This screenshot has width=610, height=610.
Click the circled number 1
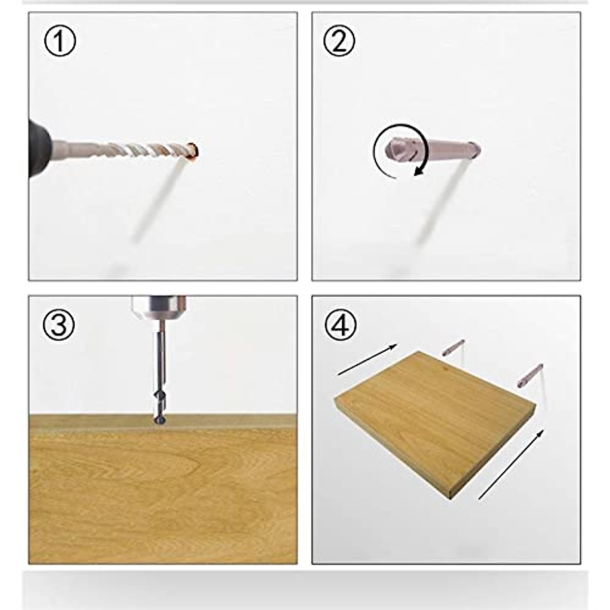tap(59, 42)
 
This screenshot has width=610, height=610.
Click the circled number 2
tap(339, 42)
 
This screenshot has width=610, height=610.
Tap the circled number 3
tap(59, 325)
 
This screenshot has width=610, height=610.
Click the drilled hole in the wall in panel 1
tap(193, 150)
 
